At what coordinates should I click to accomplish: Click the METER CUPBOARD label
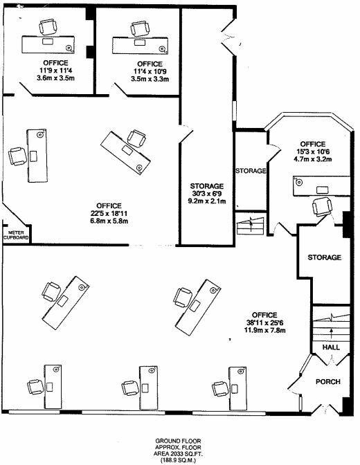[x=15, y=235]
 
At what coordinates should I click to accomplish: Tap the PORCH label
[x=328, y=382]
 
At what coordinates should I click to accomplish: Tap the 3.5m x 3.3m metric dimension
[x=150, y=79]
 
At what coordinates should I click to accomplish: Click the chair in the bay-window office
[x=322, y=206]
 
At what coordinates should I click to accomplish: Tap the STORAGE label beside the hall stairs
[x=324, y=257]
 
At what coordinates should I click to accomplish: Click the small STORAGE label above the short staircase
[x=250, y=170]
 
